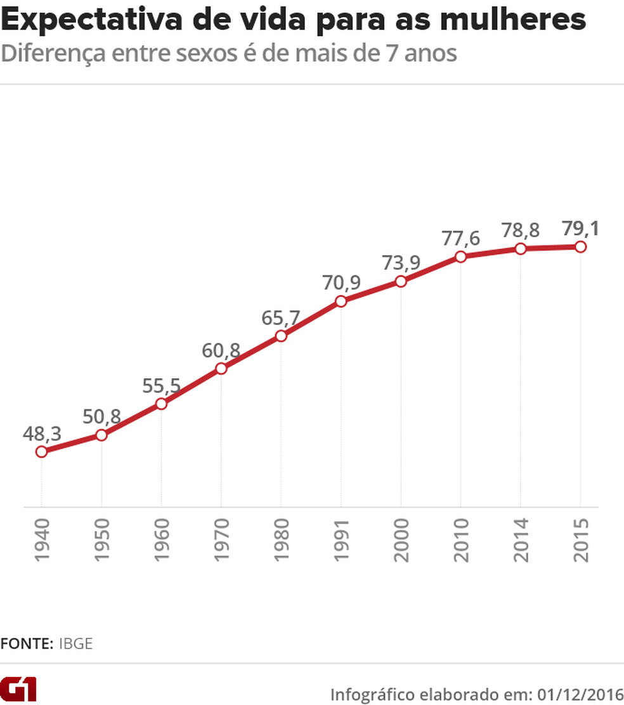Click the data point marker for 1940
pyautogui.click(x=41, y=452)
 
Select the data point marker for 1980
pyautogui.click(x=281, y=336)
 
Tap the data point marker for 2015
pyautogui.click(x=580, y=247)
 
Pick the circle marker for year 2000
pyautogui.click(x=401, y=281)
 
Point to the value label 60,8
pyautogui.click(x=221, y=350)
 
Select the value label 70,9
pyautogui.click(x=341, y=283)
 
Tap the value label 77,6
pyautogui.click(x=461, y=239)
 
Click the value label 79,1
pyautogui.click(x=580, y=228)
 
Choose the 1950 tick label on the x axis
pyautogui.click(x=101, y=540)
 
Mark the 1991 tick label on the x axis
pyautogui.click(x=341, y=540)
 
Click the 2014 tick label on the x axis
pyautogui.click(x=521, y=540)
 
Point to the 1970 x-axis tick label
pyautogui.click(x=221, y=540)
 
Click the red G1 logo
pyautogui.click(x=19, y=688)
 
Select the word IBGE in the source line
pyautogui.click(x=75, y=643)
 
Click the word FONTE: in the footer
pyautogui.click(x=27, y=643)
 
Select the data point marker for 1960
pyautogui.click(x=161, y=404)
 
